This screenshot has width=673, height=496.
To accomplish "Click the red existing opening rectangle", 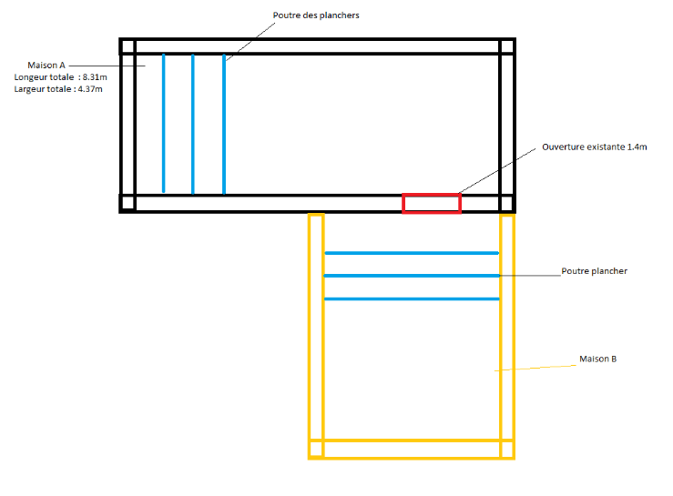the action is pyautogui.click(x=432, y=203).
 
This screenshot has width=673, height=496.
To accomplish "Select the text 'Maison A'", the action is pyautogui.click(x=46, y=66).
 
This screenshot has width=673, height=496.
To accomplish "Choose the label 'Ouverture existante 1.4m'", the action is pyautogui.click(x=594, y=147).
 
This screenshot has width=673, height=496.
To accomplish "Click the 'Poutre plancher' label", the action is pyautogui.click(x=594, y=271).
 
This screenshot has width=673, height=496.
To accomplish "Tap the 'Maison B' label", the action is pyautogui.click(x=597, y=359).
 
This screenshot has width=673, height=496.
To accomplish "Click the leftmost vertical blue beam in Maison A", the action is pyautogui.click(x=164, y=123).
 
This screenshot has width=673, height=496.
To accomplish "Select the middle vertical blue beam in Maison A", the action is pyautogui.click(x=193, y=123).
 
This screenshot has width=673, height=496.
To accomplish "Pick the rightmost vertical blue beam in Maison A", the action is pyautogui.click(x=224, y=123).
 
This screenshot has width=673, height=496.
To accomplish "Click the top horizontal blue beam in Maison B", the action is pyautogui.click(x=412, y=253).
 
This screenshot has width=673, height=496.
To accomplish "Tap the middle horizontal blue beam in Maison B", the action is pyautogui.click(x=412, y=275).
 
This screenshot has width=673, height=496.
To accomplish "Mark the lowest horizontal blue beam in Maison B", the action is pyautogui.click(x=412, y=299).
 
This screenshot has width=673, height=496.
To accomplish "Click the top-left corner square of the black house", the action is pyautogui.click(x=127, y=46).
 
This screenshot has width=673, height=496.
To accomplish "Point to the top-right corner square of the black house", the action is pyautogui.click(x=506, y=46).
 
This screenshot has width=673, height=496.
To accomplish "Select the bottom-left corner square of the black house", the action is pyautogui.click(x=127, y=203).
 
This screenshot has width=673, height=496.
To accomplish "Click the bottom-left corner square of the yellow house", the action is pyautogui.click(x=316, y=449).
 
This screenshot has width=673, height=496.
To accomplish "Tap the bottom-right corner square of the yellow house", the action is pyautogui.click(x=507, y=449).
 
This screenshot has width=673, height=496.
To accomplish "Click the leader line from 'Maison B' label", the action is pyautogui.click(x=537, y=366).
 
